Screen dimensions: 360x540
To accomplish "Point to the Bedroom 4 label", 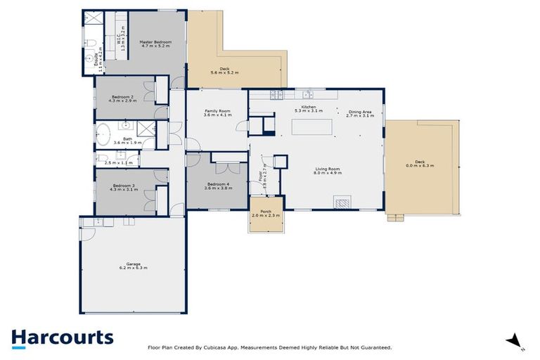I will point(217,184).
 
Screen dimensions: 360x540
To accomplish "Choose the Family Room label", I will point(216,112).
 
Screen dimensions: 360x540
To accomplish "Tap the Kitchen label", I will point(307,108).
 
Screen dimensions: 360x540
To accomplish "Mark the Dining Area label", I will point(359,112).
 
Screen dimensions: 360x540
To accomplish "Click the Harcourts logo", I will point(62,337).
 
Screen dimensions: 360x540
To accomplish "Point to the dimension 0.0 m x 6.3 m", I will point(420,165).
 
